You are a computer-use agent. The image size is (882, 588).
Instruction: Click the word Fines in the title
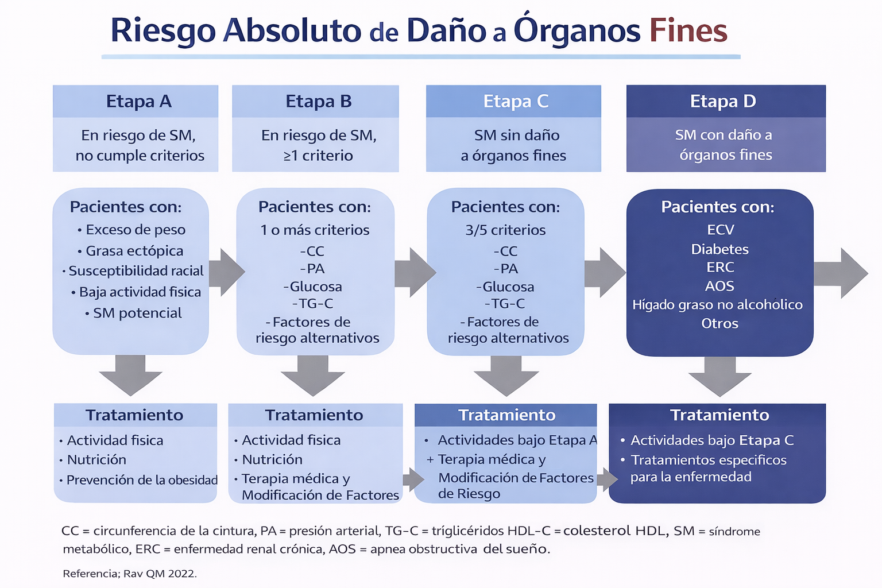click(x=688, y=30)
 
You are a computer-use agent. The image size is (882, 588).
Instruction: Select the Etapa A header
click(x=138, y=102)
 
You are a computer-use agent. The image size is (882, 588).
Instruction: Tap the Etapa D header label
click(x=723, y=102)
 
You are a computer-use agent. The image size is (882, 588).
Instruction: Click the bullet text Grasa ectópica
click(x=134, y=251)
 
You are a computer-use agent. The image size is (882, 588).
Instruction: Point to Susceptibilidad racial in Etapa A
click(x=136, y=271)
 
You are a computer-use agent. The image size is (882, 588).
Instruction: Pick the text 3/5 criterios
click(x=505, y=230)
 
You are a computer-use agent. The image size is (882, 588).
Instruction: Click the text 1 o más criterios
click(x=315, y=230)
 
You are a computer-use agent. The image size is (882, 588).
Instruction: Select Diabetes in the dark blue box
click(x=719, y=249)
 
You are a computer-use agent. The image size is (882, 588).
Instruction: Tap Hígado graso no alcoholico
click(x=717, y=305)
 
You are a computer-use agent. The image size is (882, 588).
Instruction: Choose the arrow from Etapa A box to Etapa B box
click(x=226, y=272)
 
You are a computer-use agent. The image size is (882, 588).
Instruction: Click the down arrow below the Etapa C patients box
click(x=506, y=375)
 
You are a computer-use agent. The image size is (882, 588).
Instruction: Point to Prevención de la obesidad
click(x=142, y=480)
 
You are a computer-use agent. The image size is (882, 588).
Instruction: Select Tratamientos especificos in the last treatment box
click(x=708, y=460)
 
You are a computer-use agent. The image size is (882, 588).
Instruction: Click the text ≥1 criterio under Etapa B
click(x=318, y=156)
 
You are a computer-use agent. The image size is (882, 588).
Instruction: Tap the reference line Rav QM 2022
click(x=130, y=573)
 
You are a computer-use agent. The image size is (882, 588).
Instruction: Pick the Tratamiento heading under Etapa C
click(x=506, y=415)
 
